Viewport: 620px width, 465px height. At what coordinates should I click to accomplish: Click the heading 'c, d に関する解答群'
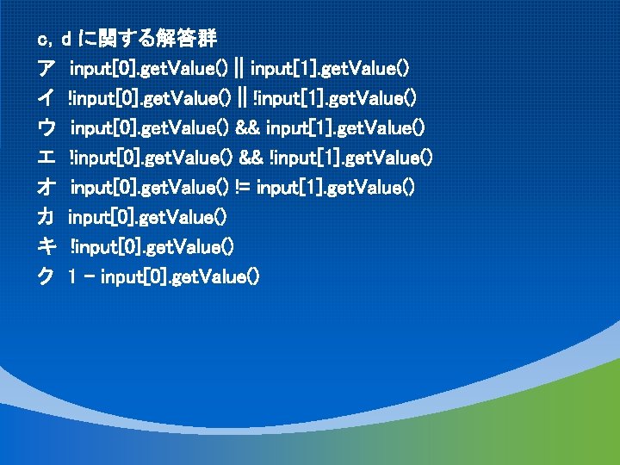(x=127, y=39)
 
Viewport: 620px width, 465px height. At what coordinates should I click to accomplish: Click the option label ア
(x=46, y=68)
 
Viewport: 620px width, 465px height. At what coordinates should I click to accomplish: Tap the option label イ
(x=46, y=98)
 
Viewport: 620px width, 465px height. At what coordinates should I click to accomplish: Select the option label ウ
(x=46, y=128)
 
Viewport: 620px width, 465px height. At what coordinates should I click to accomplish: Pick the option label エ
(x=46, y=158)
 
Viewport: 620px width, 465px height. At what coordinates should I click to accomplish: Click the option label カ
(x=46, y=217)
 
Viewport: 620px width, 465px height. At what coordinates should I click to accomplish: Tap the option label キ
(x=46, y=247)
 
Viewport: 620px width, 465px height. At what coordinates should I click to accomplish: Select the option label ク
(x=46, y=277)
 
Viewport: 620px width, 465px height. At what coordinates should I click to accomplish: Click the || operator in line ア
(x=239, y=68)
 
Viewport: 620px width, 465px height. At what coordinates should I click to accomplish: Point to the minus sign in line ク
(x=90, y=277)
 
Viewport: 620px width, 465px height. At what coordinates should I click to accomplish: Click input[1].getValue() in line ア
(x=330, y=68)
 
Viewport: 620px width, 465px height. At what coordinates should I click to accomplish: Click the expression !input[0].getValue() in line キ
(x=151, y=247)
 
